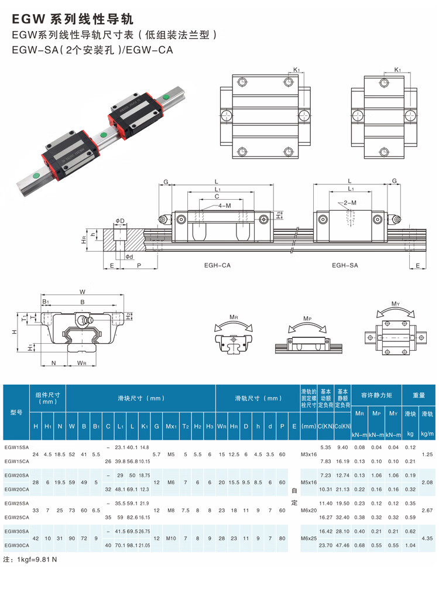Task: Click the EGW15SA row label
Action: click(16, 447)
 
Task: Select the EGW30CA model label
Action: click(16, 545)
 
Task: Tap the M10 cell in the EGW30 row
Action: click(171, 538)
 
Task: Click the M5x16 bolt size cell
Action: click(309, 483)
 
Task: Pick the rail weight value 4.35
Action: click(427, 538)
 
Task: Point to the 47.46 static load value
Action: click(342, 545)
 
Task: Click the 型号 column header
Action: click(16, 412)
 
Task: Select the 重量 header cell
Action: click(419, 395)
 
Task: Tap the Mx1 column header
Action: click(171, 426)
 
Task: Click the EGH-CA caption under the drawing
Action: click(217, 265)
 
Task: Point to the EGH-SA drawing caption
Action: click(345, 265)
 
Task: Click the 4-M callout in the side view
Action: click(225, 206)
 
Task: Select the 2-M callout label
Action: click(350, 203)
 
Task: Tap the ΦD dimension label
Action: click(119, 221)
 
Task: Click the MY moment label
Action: click(395, 303)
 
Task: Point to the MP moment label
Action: click(307, 319)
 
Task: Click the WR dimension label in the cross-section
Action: click(81, 363)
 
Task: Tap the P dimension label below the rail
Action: click(139, 266)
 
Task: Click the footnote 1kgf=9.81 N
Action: click(30, 560)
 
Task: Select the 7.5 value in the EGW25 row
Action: click(186, 511)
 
